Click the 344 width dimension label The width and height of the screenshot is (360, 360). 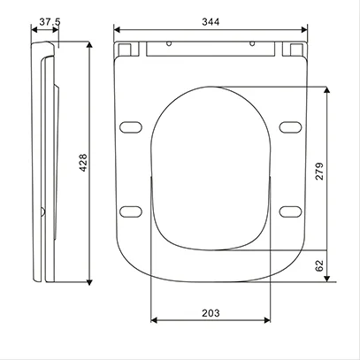211,22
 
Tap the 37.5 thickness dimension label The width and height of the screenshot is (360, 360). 50,21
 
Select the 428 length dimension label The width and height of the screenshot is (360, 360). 83,163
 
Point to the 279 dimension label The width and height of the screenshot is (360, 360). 319,171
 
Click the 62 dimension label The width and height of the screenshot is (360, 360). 319,265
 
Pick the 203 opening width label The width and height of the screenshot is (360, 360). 211,313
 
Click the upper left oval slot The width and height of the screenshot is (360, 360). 131,127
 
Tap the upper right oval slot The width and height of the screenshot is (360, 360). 290,127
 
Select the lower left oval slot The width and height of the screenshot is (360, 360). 131,211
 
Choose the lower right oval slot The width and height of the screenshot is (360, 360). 290,211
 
